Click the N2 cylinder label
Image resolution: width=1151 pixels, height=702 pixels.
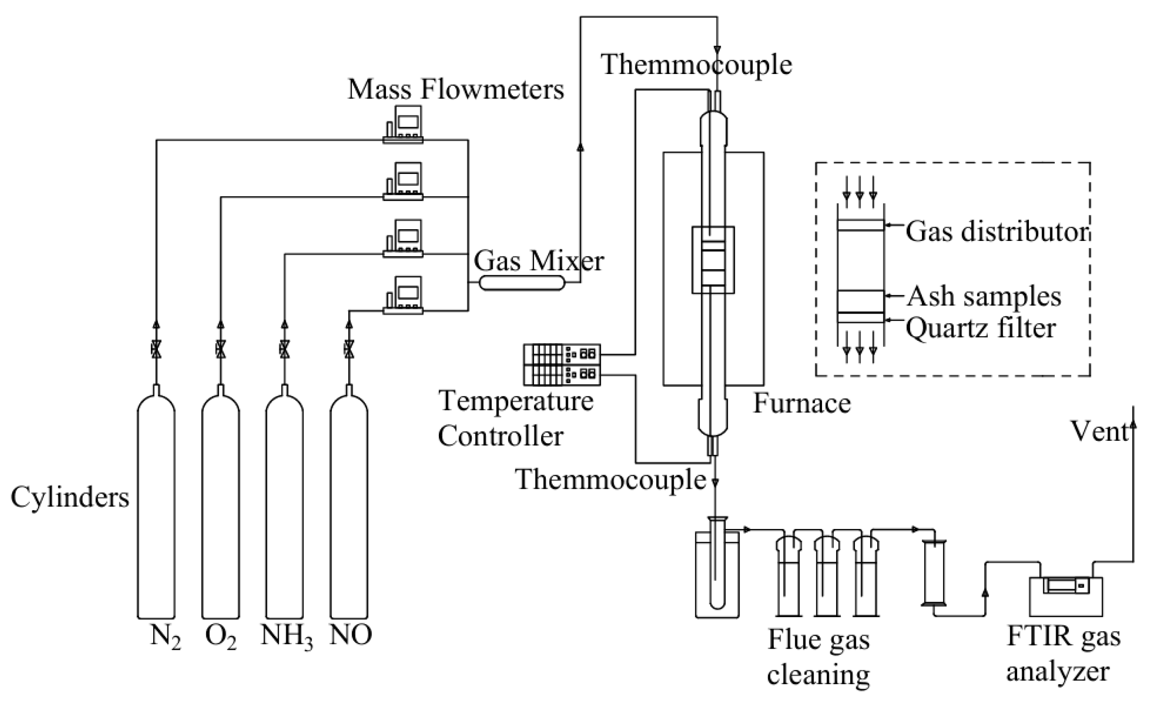165,637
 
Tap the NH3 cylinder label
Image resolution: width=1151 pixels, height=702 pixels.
287,637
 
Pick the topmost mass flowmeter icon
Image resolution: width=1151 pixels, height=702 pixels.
403,124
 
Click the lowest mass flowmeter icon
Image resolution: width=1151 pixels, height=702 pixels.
403,296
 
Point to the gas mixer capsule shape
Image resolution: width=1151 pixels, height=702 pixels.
522,283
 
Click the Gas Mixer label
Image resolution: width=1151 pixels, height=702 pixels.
539,261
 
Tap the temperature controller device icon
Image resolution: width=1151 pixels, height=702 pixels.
562,364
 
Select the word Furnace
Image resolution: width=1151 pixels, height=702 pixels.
802,403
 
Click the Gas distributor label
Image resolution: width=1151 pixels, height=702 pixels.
997,232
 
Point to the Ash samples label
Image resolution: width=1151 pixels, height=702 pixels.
984,297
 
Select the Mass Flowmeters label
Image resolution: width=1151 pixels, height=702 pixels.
456,89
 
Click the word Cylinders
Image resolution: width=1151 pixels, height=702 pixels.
70,497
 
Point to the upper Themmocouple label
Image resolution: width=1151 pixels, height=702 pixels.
697,65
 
